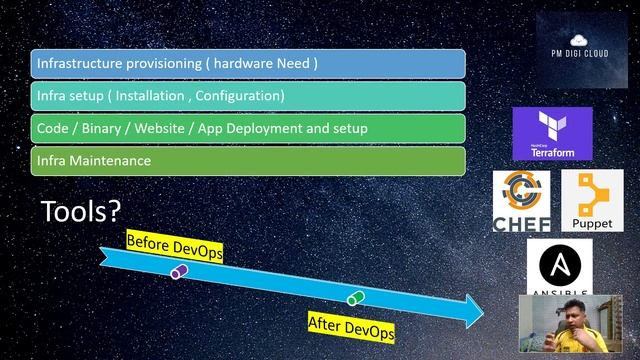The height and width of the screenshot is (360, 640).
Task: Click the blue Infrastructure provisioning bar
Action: click(248, 64)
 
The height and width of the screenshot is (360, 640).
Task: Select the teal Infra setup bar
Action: click(248, 96)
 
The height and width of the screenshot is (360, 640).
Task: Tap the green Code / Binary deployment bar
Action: click(248, 129)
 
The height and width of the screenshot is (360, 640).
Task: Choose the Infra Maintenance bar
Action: click(248, 161)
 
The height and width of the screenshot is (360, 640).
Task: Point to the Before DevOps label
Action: click(174, 246)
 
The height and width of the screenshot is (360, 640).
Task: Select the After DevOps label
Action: click(350, 326)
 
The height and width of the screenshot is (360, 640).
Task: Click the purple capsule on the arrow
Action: click(179, 271)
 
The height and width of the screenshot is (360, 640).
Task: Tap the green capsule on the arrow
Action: click(355, 298)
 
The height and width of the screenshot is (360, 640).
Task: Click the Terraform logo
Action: click(552, 134)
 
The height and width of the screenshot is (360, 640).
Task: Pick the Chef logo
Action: click(522, 201)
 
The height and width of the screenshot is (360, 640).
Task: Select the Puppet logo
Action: click(592, 201)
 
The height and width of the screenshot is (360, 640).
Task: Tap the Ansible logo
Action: click(559, 268)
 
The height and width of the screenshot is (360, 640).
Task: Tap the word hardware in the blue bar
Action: click(246, 64)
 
